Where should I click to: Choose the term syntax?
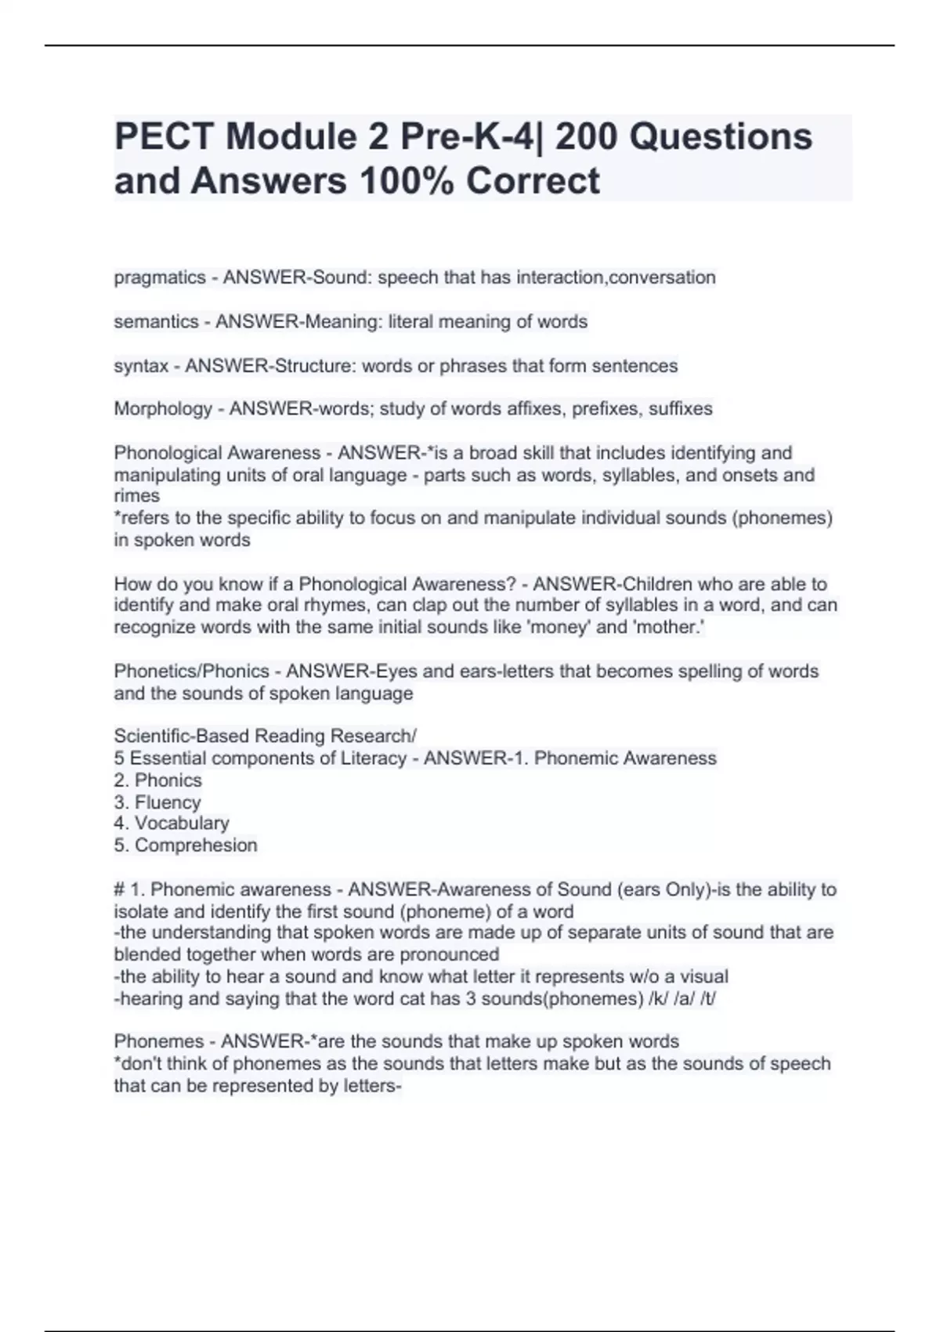tap(141, 366)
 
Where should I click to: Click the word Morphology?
tap(163, 409)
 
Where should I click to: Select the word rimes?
tap(136, 496)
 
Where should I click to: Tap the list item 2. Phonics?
tap(157, 780)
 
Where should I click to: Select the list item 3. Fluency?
tap(157, 802)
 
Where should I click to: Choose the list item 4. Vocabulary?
tap(171, 823)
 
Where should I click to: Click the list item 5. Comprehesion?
tap(185, 845)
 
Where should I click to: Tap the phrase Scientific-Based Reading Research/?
tap(265, 737)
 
